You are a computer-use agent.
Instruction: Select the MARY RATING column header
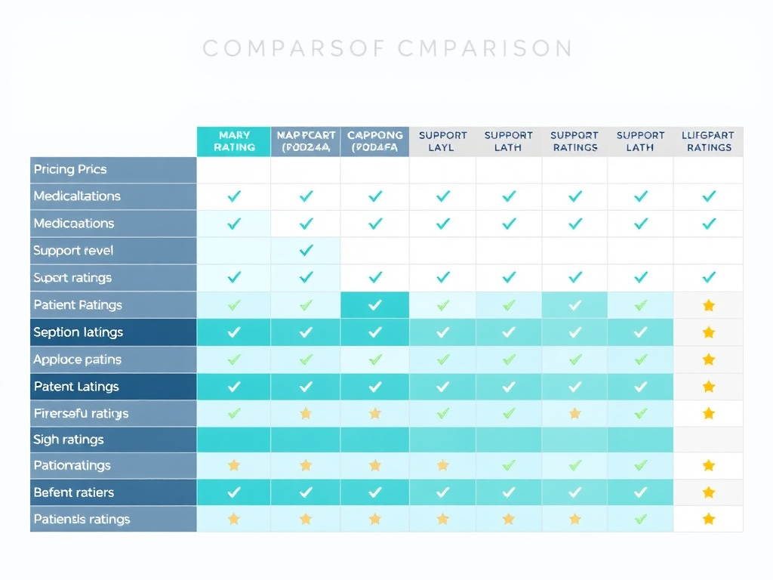pos(234,141)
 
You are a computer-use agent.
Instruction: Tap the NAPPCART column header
pos(306,141)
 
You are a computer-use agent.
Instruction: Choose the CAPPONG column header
pos(375,141)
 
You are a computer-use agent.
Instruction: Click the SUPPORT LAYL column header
pos(443,141)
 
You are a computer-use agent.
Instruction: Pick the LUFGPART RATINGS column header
pos(708,141)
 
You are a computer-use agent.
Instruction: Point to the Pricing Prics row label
pos(70,169)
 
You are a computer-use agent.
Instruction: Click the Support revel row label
pos(73,251)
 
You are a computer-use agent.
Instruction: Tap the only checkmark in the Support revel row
pos(306,251)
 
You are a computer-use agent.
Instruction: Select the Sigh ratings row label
pos(69,440)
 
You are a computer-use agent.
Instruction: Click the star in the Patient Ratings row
pos(708,305)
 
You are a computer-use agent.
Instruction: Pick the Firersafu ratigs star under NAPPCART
pos(306,413)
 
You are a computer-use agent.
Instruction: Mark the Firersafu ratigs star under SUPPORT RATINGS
pos(575,413)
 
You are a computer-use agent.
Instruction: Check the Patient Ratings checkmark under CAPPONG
pos(375,305)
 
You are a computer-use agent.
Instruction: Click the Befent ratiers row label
pos(74,492)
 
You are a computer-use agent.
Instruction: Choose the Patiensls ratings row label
pos(82,520)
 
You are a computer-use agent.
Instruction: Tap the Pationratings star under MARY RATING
pos(234,465)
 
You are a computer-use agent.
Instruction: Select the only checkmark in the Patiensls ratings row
pos(641,519)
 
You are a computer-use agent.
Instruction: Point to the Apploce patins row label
pos(77,359)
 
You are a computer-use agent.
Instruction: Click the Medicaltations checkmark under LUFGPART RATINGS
pos(708,196)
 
